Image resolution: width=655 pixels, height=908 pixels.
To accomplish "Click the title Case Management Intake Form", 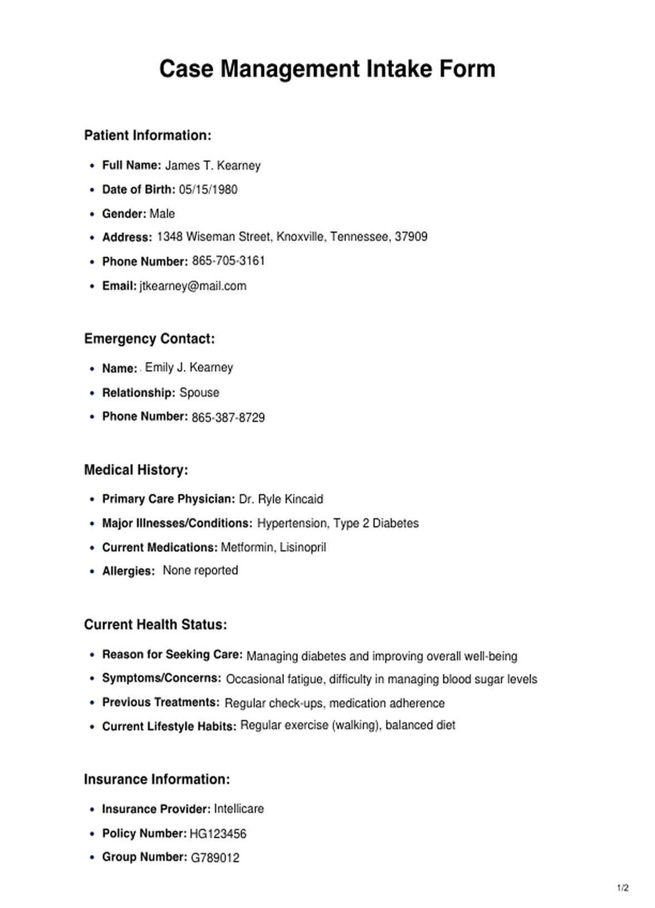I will (x=327, y=69).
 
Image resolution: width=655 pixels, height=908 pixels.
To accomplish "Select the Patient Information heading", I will (x=148, y=135).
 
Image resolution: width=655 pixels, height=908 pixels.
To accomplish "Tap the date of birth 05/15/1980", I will (x=208, y=189).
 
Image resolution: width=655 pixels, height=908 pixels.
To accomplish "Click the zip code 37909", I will (x=411, y=237).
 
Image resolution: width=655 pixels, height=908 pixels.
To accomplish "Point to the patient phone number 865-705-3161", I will (x=228, y=261).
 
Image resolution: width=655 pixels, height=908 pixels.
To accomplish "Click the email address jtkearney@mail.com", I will (x=193, y=286).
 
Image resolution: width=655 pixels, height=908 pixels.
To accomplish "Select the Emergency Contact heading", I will (x=149, y=339).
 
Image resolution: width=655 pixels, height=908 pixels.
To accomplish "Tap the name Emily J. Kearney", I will (x=189, y=367).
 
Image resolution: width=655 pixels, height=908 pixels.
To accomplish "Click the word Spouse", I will (x=199, y=393).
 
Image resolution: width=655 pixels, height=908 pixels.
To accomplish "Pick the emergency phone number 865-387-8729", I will (x=228, y=417).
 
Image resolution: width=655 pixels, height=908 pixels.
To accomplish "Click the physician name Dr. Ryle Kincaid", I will (x=281, y=499).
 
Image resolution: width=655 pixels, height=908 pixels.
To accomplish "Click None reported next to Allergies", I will (x=200, y=570).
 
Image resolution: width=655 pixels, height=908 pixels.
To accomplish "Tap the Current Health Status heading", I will (x=155, y=624).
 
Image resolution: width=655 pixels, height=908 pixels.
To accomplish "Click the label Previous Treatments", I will (x=160, y=702).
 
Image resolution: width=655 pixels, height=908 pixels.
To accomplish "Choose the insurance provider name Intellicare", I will (x=238, y=809).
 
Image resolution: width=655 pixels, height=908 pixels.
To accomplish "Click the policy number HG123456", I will (x=218, y=834).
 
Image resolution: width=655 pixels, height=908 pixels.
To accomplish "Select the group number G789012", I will (x=215, y=857).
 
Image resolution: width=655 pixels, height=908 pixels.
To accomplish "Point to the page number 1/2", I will (x=623, y=888).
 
